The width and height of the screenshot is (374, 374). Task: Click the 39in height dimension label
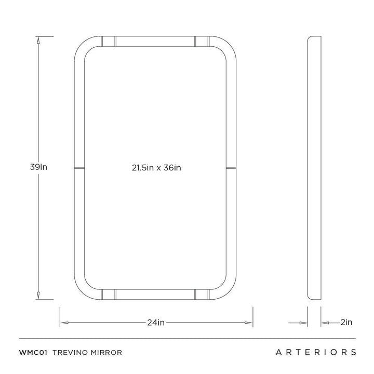pyautogui.click(x=38, y=167)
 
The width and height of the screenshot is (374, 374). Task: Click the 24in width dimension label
pyautogui.click(x=156, y=323)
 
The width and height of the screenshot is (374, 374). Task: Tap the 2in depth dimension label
pyautogui.click(x=346, y=322)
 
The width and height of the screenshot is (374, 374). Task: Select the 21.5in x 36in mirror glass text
pyautogui.click(x=156, y=168)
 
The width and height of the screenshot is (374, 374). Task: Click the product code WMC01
pyautogui.click(x=33, y=353)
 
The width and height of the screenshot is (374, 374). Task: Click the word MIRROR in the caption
pyautogui.click(x=105, y=353)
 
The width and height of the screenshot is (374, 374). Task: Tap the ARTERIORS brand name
pyautogui.click(x=316, y=352)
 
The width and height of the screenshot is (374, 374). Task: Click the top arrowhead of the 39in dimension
pyautogui.click(x=38, y=41)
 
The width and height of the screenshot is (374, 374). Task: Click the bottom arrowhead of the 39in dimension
pyautogui.click(x=38, y=295)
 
